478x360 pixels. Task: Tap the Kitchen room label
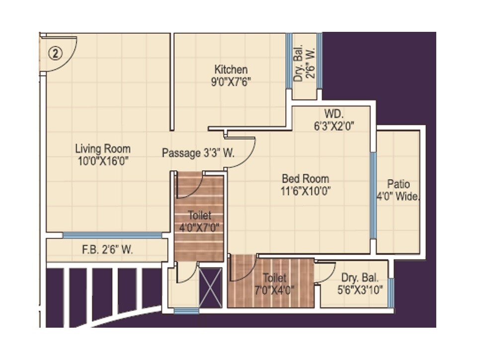[231, 70]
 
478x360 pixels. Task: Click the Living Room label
[103, 148]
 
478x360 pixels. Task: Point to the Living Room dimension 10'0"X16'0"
[103, 160]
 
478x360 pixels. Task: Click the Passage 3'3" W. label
[198, 154]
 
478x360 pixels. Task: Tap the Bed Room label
[305, 179]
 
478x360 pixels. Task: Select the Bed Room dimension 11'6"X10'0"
[305, 190]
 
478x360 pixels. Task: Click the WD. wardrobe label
[334, 114]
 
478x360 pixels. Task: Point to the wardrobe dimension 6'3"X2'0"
[333, 126]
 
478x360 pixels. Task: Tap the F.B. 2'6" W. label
[107, 250]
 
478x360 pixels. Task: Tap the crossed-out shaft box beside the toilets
[210, 287]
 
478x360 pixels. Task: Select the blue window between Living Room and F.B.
[112, 235]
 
